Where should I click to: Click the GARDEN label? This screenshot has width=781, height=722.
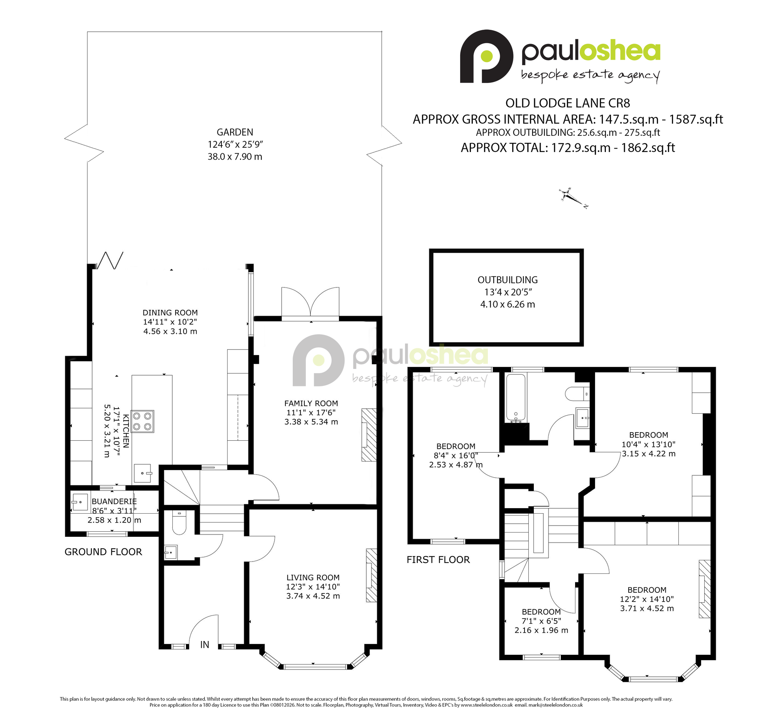235,132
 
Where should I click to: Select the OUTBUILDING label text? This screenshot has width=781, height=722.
507,280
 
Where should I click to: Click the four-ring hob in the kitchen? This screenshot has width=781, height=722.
142,421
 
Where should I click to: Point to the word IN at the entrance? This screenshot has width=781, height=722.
205,645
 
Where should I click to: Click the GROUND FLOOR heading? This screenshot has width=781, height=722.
103,552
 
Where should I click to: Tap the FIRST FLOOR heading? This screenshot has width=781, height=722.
438,560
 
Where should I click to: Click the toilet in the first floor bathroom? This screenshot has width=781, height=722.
577,394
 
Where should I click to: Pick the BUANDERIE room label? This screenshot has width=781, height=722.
114,501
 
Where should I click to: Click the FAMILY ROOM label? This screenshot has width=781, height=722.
311,403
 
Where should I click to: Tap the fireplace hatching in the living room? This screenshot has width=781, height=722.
371,575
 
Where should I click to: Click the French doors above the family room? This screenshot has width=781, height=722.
310,304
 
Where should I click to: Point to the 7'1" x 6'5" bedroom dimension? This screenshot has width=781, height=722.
541,621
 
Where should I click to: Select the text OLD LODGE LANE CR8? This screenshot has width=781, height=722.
568,103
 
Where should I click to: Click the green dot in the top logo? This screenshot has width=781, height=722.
487,56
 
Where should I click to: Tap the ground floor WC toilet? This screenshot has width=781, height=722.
179,522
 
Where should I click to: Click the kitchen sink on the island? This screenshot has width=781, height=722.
143,473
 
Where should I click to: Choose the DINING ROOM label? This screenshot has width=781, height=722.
170,313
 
